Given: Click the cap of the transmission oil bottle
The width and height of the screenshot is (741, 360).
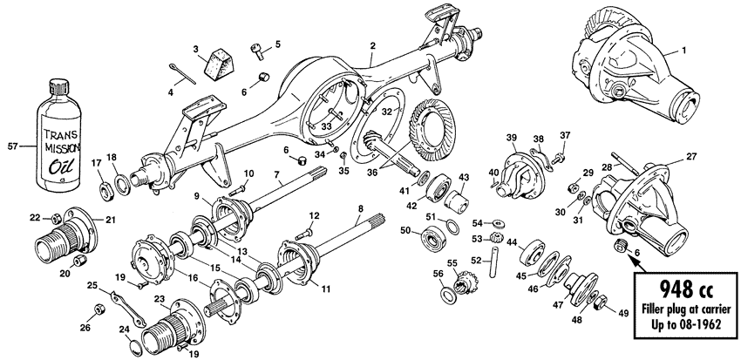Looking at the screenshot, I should [x=60, y=88].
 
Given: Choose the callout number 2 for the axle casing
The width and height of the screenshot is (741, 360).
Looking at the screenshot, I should [x=372, y=45].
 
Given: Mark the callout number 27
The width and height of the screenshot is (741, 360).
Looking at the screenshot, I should [x=690, y=157].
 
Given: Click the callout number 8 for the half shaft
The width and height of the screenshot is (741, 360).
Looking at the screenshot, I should [x=359, y=207].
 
